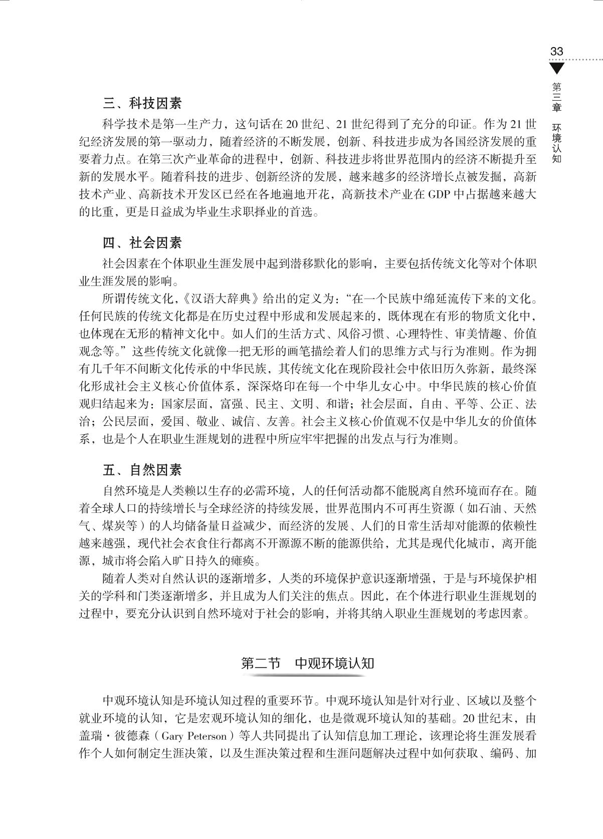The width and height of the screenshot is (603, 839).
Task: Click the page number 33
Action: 557,51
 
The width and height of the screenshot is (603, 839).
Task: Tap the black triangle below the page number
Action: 556,68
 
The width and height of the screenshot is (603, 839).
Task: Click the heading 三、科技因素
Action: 142,104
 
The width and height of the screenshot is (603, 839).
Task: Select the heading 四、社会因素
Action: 142,243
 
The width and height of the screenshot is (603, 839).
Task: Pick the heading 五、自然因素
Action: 142,470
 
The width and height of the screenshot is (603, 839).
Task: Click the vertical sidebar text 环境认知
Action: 556,142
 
